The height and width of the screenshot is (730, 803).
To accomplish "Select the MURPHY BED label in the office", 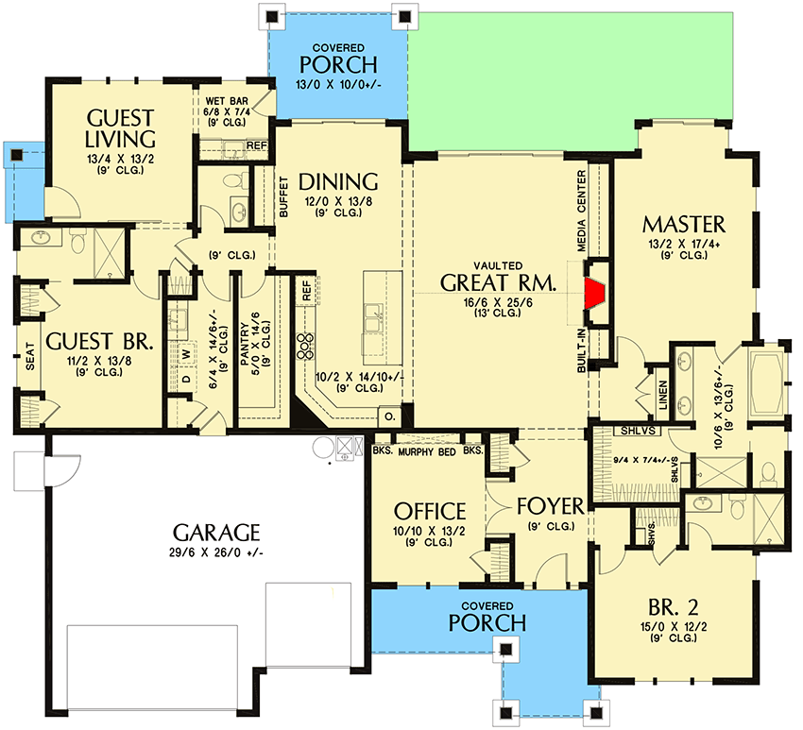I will [x=428, y=451].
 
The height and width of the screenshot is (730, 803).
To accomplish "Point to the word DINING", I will [x=338, y=181].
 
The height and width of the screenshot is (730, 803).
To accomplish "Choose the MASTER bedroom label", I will [x=683, y=224].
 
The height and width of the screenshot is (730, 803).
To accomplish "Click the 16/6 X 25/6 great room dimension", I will [x=499, y=302].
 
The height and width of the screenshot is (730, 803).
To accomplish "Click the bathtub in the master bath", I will [x=764, y=382].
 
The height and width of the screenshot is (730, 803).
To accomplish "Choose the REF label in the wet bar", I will [x=256, y=145].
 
